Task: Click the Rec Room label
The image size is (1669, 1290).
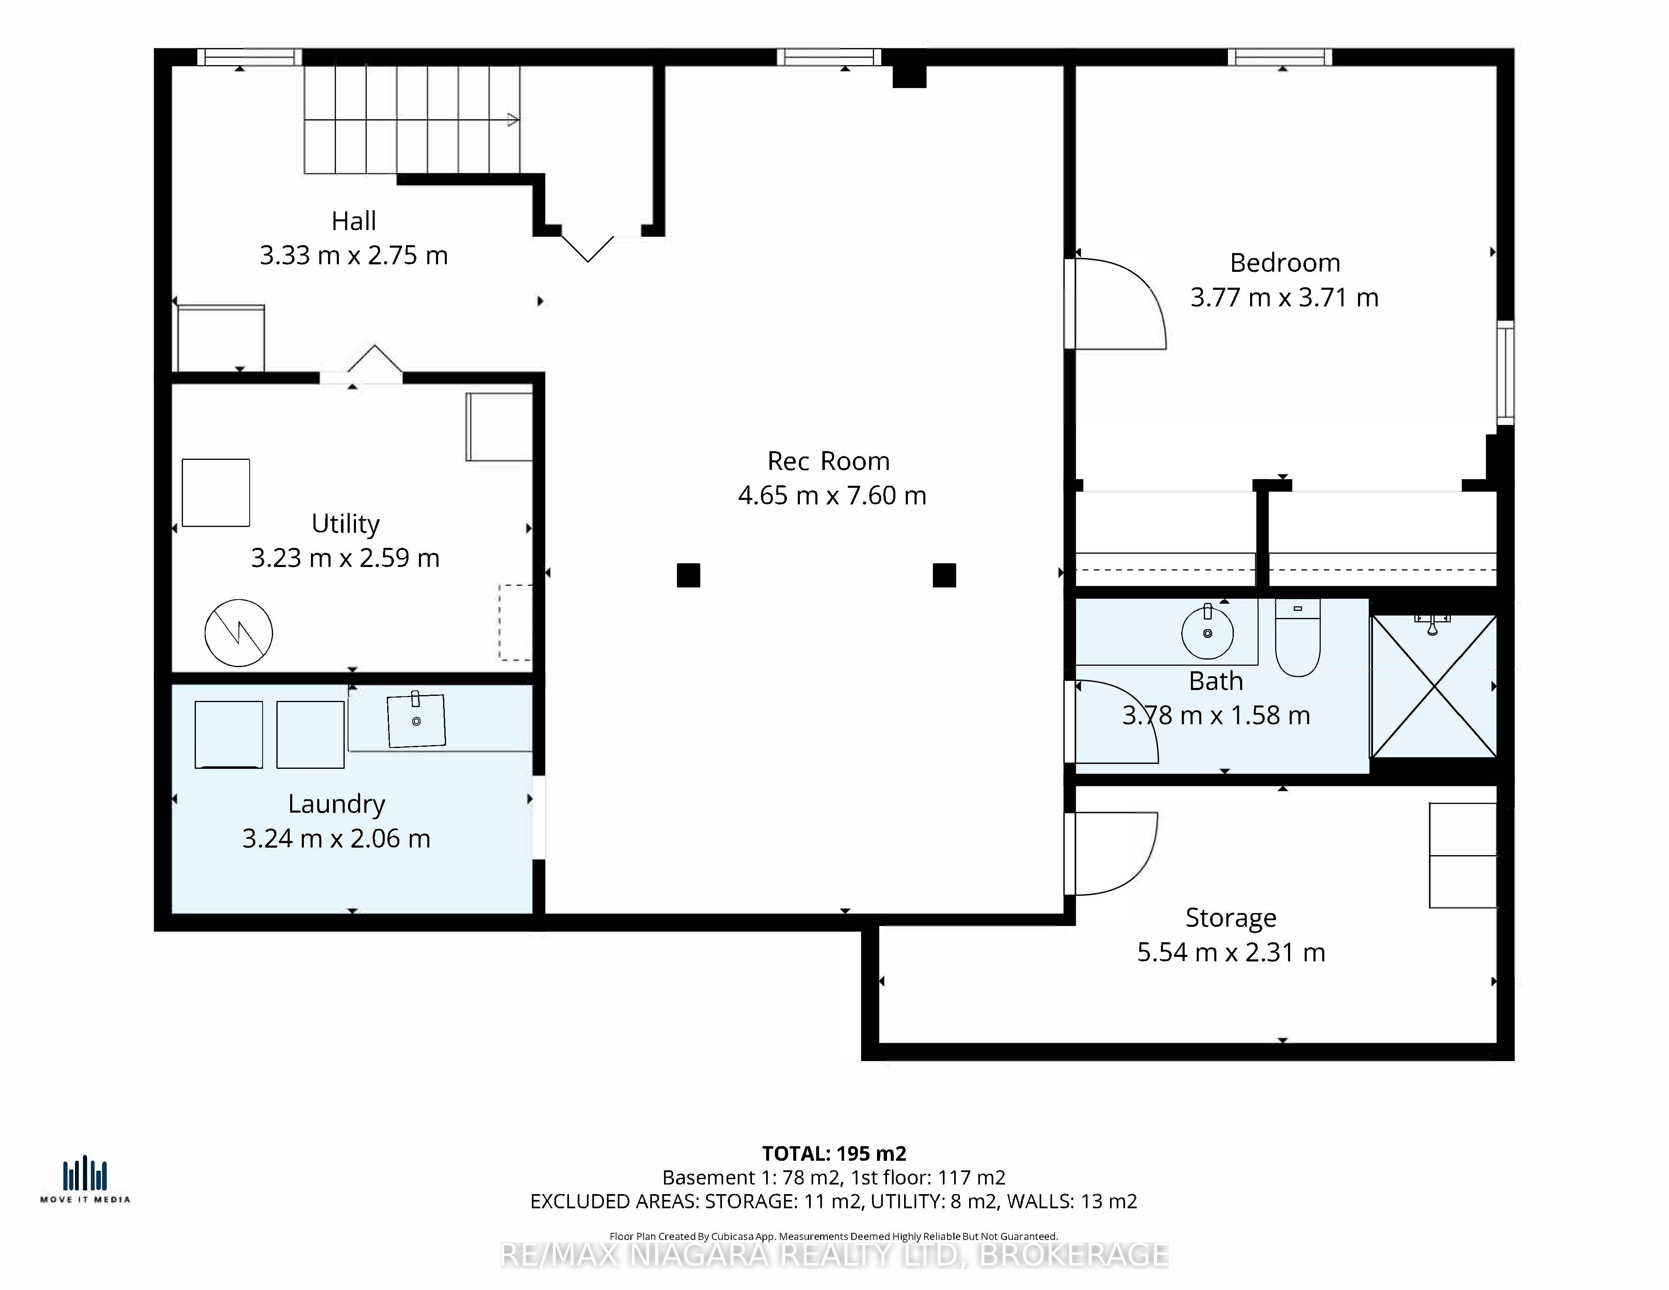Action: click(x=828, y=462)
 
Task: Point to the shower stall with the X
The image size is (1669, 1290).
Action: click(x=1433, y=686)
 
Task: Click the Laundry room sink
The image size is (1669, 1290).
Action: click(x=416, y=720)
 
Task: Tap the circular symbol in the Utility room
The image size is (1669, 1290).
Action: click(x=238, y=633)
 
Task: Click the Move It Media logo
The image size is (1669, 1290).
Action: click(x=85, y=1181)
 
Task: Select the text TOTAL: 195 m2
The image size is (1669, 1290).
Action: click(x=834, y=1153)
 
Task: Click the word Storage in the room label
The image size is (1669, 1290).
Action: click(x=1230, y=918)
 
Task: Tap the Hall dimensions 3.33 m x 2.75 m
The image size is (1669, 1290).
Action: click(x=354, y=255)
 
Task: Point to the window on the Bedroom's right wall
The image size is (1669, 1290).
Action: click(x=1505, y=372)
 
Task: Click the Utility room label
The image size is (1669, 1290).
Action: click(x=346, y=524)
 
